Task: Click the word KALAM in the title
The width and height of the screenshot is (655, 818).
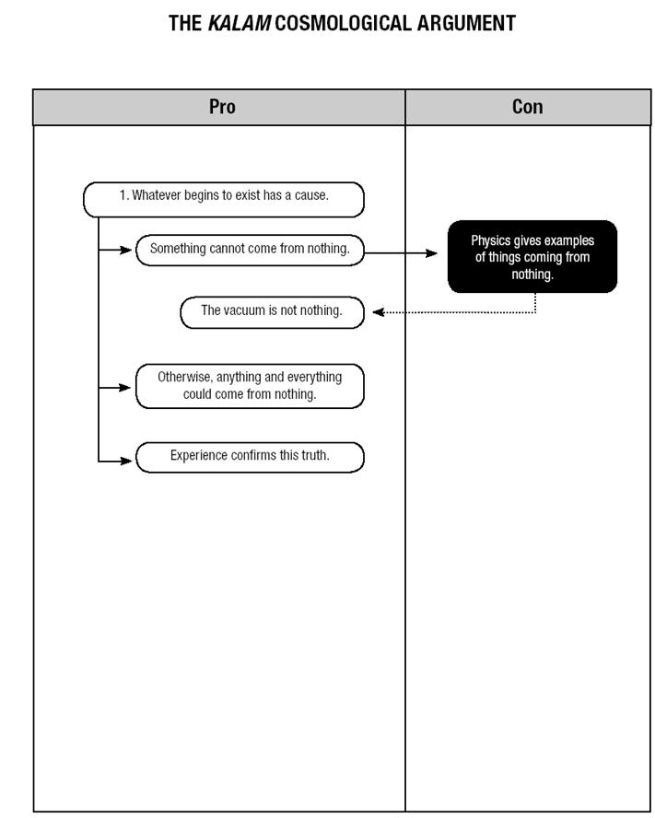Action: tap(239, 23)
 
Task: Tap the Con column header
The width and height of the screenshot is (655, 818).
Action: tap(528, 107)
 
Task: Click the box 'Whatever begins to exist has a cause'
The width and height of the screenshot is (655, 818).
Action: tap(224, 199)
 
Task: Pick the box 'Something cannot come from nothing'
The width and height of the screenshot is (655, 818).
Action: tap(250, 250)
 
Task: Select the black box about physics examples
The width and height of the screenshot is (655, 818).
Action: tap(532, 256)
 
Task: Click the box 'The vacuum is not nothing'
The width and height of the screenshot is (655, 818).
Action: tap(272, 312)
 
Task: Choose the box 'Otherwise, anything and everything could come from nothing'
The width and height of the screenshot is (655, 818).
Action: tap(250, 386)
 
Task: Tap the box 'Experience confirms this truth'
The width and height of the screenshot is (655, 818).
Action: tap(250, 457)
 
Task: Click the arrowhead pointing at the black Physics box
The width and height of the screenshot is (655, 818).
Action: tap(432, 253)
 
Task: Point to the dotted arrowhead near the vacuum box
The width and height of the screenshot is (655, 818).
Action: tap(379, 312)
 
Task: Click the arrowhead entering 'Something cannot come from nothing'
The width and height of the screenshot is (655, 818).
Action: tap(126, 250)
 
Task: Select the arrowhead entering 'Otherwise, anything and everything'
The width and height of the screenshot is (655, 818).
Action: tap(124, 387)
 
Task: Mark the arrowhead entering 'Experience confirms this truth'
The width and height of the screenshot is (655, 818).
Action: tap(126, 461)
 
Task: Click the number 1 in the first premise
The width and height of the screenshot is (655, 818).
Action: tap(123, 195)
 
